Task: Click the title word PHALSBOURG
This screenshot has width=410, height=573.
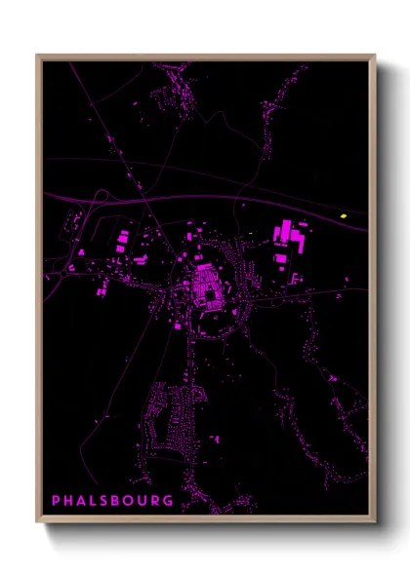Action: (112, 501)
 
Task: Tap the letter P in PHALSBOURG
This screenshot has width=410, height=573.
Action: (56, 501)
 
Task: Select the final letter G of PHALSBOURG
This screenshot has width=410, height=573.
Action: (169, 501)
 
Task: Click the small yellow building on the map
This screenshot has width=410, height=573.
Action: (344, 215)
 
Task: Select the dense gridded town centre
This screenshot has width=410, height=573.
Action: (206, 285)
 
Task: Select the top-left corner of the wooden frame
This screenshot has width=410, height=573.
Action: (38, 57)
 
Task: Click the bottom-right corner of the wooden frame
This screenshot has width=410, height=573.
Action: (374, 522)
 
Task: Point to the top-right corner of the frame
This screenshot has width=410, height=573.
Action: (374, 57)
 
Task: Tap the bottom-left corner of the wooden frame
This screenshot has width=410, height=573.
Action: (38, 522)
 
